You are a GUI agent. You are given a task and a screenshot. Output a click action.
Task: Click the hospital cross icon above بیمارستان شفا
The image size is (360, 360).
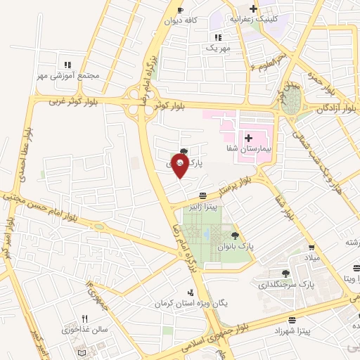[248, 136]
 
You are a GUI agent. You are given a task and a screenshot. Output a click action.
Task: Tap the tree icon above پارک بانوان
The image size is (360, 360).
[235, 236]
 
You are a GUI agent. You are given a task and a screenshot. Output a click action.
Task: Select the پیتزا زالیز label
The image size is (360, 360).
[202, 207]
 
